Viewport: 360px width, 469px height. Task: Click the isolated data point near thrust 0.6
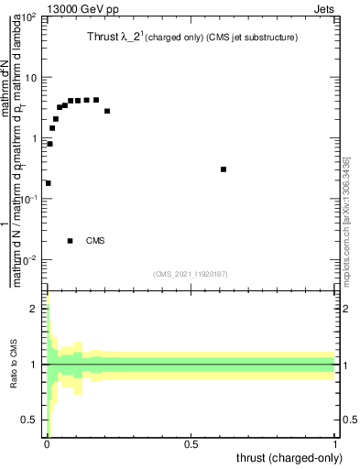click(224, 169)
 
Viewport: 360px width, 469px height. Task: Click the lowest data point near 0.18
click(48, 183)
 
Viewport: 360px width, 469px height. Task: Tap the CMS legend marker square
click(71, 241)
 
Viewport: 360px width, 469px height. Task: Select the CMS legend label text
click(95, 241)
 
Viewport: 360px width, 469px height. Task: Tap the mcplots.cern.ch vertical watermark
click(347, 220)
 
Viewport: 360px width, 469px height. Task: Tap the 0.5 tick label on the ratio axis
click(32, 420)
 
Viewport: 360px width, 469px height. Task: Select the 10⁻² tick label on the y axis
click(30, 259)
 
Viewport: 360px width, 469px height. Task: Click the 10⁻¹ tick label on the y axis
click(30, 199)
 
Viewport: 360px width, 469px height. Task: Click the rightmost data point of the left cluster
click(107, 111)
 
